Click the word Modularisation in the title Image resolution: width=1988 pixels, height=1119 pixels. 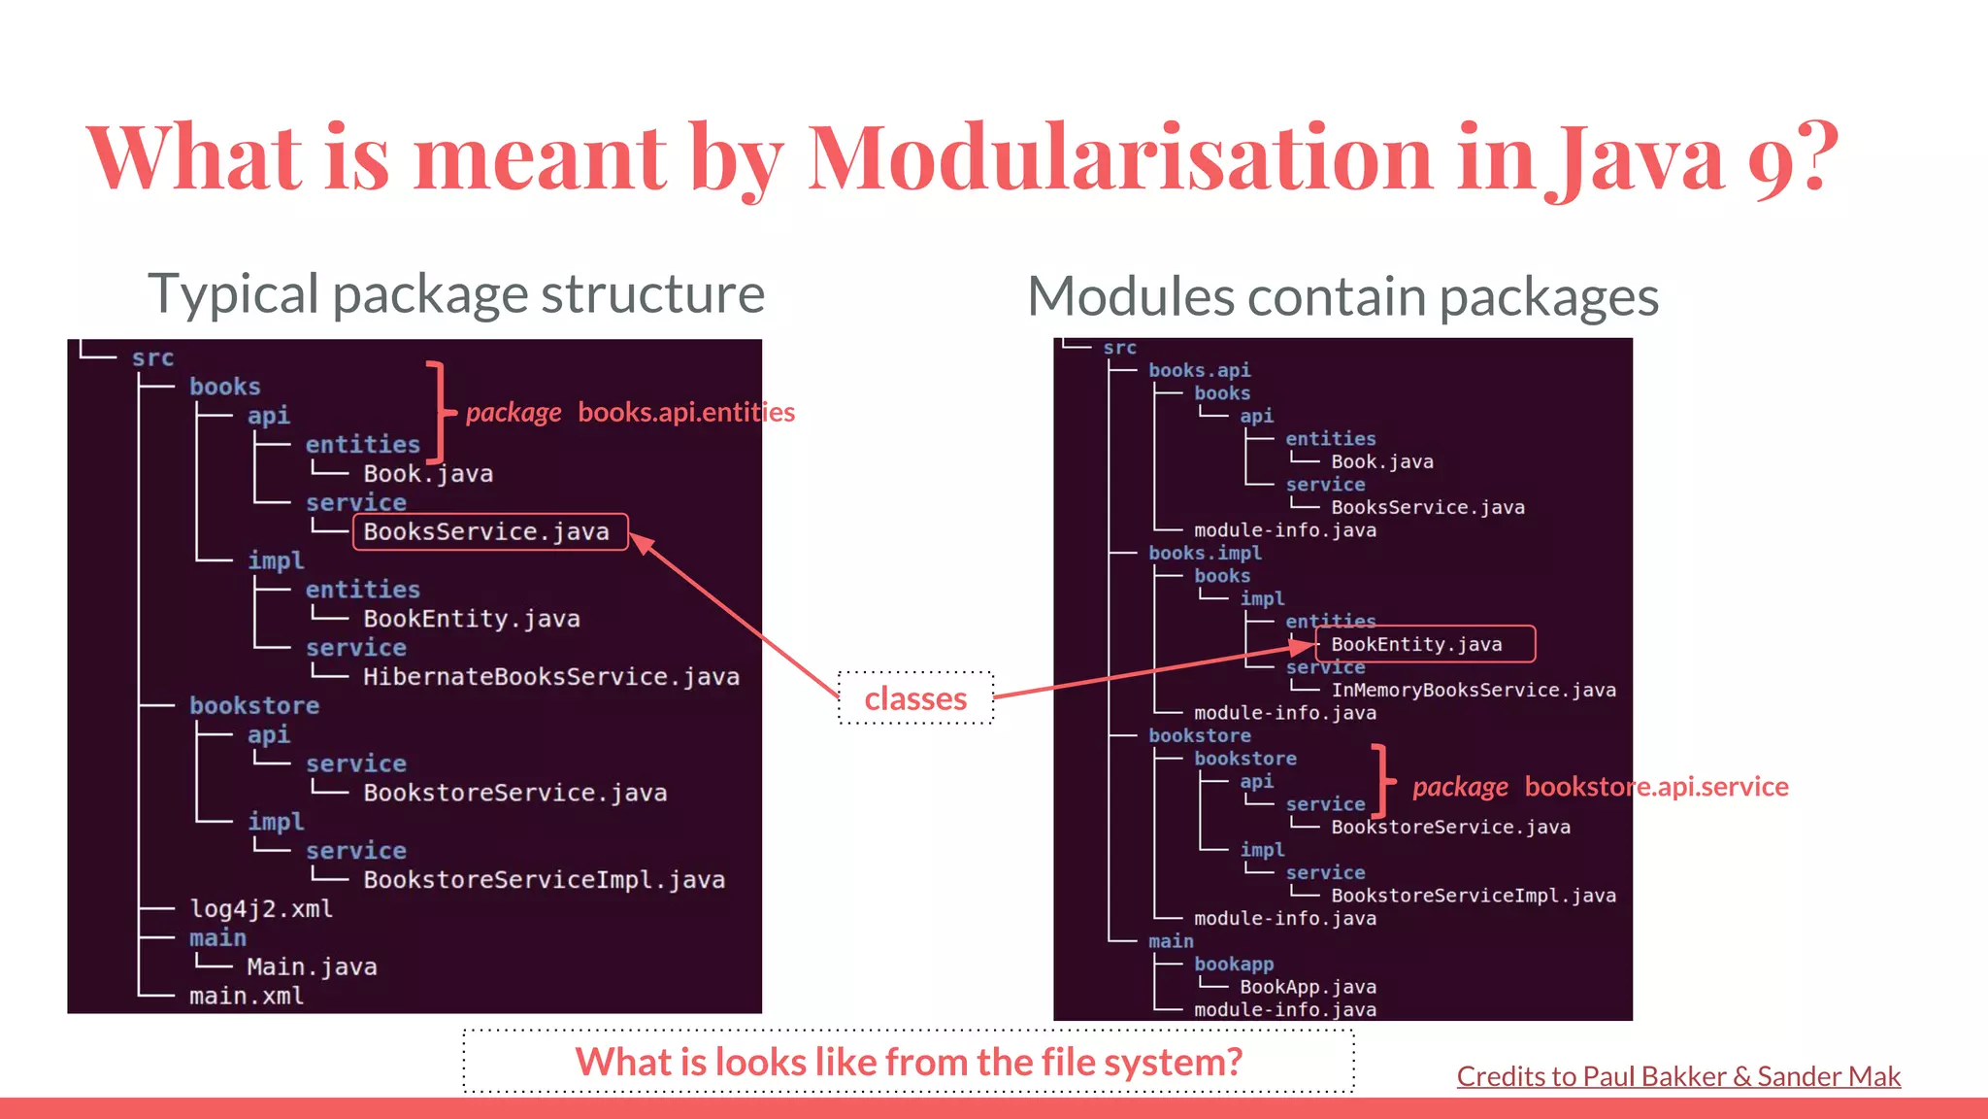coord(1118,157)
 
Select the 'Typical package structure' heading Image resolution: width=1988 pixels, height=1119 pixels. coord(456,294)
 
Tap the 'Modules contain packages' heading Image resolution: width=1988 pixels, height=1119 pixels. coord(1342,297)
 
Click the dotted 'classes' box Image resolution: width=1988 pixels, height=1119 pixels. coord(915,698)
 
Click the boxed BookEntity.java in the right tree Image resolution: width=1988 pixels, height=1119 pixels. coord(1424,644)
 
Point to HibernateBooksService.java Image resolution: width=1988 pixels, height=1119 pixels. coord(550,677)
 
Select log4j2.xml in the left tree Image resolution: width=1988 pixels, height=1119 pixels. coord(260,909)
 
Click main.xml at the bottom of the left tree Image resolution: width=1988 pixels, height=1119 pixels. coord(246,997)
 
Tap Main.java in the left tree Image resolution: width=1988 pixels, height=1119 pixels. coord(312,967)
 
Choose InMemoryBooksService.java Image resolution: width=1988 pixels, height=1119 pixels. coord(1473,691)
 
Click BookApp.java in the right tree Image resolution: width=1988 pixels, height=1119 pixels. coord(1308,987)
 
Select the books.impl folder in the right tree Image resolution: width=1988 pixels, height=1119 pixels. coord(1205,553)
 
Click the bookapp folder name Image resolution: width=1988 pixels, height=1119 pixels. coord(1233,964)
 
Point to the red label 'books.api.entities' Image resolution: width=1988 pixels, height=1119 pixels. coord(685,413)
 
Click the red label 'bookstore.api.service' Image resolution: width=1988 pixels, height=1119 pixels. coord(1656,787)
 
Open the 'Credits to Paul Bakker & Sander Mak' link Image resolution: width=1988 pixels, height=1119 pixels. coord(1677,1076)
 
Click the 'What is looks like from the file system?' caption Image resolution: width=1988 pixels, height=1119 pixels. coord(909,1062)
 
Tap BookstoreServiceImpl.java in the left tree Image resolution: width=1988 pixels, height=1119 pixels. coord(544,880)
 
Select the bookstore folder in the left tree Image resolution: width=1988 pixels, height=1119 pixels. coord(253,706)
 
